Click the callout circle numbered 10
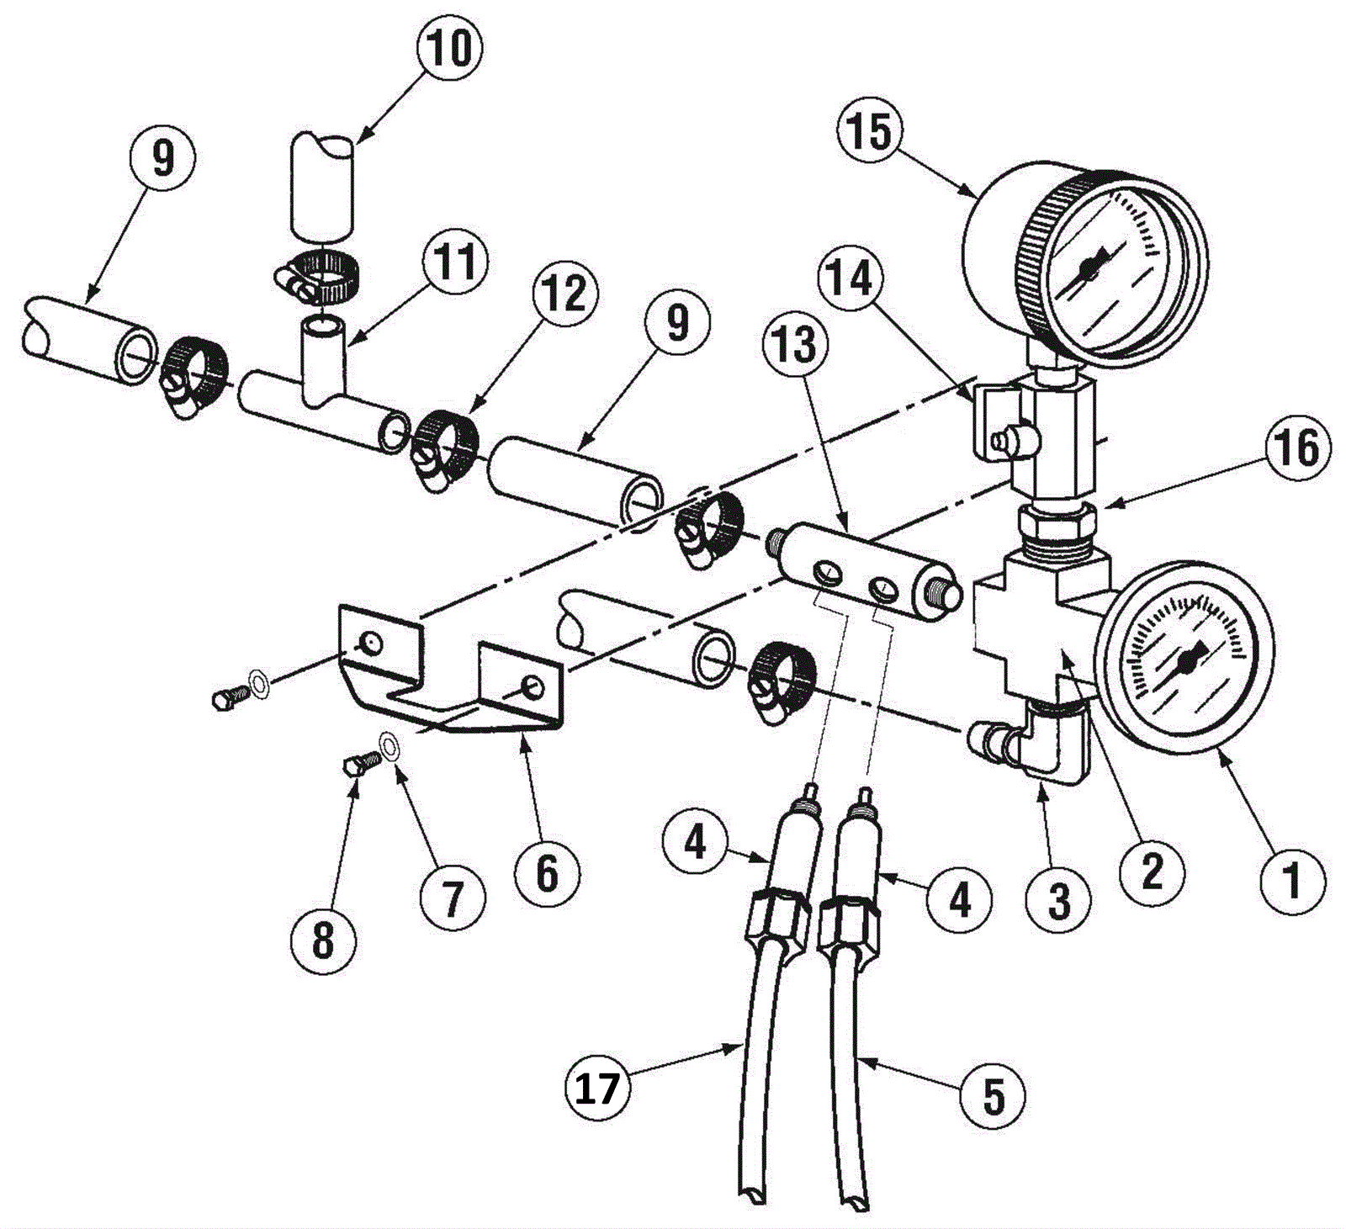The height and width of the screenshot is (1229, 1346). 451,49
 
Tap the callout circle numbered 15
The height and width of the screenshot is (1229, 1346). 870,131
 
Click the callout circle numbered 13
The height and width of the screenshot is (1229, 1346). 796,346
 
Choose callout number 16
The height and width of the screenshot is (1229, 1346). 1296,448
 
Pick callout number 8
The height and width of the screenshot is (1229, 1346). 323,940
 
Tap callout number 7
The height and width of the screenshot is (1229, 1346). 453,898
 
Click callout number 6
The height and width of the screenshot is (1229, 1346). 548,875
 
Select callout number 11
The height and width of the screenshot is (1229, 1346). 455,260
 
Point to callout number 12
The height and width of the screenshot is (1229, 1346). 564,294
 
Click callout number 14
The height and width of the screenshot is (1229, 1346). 851,278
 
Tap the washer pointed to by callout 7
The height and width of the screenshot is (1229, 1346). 389,745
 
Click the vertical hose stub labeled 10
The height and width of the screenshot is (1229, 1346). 322,184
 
